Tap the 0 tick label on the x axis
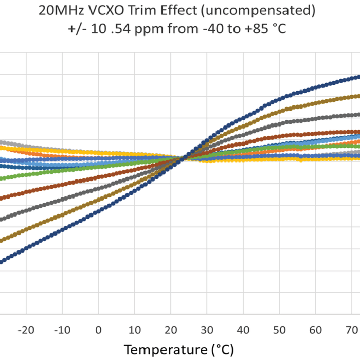(x=98, y=329)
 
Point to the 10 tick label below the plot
(x=134, y=329)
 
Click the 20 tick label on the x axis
(x=171, y=329)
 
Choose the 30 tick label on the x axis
(x=207, y=329)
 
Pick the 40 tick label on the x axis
(x=243, y=329)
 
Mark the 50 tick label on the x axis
(x=279, y=329)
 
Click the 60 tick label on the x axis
(x=315, y=329)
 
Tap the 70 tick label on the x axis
(x=352, y=329)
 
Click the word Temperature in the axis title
(x=164, y=350)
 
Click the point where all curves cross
(x=183, y=158)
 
